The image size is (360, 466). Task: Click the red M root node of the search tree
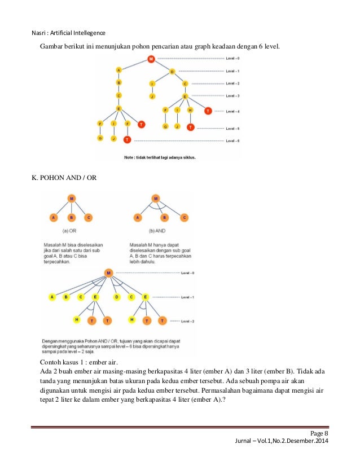pos(151,59)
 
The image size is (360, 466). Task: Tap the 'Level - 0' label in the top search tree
pos(232,59)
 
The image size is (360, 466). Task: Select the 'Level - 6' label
pos(232,139)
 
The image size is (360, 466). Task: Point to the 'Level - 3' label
pos(232,95)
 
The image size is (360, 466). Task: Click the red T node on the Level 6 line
pos(128,139)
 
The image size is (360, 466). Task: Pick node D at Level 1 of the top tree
pos(172,72)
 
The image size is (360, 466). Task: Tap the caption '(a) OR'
pos(71,231)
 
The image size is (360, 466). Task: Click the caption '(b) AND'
pos(155,231)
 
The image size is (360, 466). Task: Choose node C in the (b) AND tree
pos(184,217)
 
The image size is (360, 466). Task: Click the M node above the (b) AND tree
pos(156,199)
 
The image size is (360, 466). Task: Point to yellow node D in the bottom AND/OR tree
pos(116,297)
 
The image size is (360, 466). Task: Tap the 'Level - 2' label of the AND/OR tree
pos(188,320)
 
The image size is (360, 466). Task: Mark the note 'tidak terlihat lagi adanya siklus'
pos(160,157)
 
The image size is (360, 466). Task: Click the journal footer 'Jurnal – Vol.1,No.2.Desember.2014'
pos(281,441)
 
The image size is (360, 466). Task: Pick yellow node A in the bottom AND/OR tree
pos(52,297)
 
